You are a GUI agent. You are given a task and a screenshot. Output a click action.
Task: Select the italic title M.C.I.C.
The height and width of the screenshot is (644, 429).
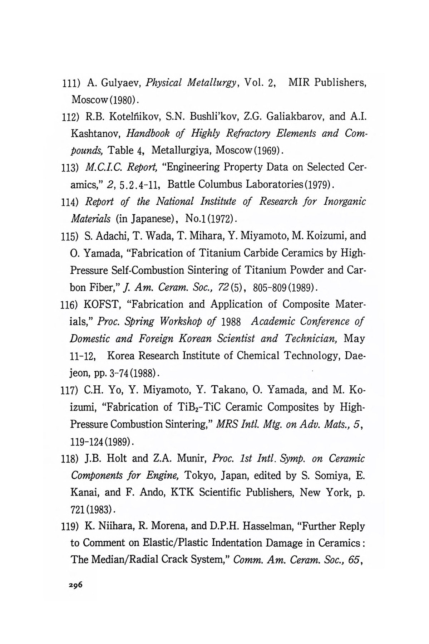[101, 167]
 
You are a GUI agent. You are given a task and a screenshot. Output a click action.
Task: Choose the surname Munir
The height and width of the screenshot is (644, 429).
[192, 458]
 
